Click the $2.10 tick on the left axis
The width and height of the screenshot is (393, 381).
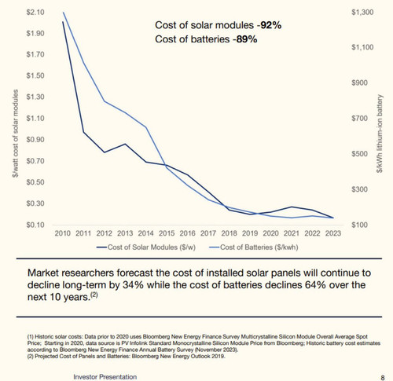[x=35, y=13]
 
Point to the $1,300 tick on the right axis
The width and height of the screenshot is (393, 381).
[x=362, y=13]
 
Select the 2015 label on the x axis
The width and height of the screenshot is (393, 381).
[x=167, y=233]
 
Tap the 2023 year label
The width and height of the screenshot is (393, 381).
[x=333, y=233]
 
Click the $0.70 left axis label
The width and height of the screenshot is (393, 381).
[x=35, y=161]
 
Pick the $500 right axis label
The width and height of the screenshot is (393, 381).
[x=359, y=154]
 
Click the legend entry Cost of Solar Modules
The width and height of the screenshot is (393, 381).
[x=146, y=247]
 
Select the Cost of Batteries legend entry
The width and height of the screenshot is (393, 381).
[x=254, y=247]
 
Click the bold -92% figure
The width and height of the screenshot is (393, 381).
[x=269, y=25]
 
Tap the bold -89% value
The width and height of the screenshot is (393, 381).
[x=244, y=39]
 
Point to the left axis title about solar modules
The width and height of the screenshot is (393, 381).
[x=16, y=134]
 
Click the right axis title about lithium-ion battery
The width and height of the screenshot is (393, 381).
[x=380, y=134]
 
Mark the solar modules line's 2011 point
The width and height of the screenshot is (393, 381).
[x=83, y=132]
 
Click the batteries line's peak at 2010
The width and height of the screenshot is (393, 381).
[x=64, y=13]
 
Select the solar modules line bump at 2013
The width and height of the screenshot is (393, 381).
[x=125, y=144]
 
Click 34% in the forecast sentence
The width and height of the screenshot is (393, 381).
[x=133, y=285]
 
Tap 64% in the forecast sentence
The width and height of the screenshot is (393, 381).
[x=315, y=285]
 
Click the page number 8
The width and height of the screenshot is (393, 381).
[x=383, y=378]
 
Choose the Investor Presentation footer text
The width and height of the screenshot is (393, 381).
[x=105, y=377]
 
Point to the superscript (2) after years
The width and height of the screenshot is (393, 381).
[x=94, y=295]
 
